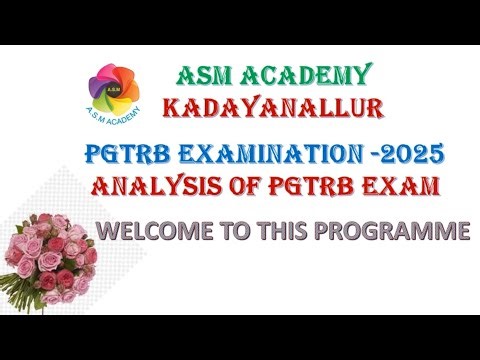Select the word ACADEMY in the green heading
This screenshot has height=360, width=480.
click(305, 75)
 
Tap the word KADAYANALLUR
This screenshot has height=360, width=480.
click(263, 105)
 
